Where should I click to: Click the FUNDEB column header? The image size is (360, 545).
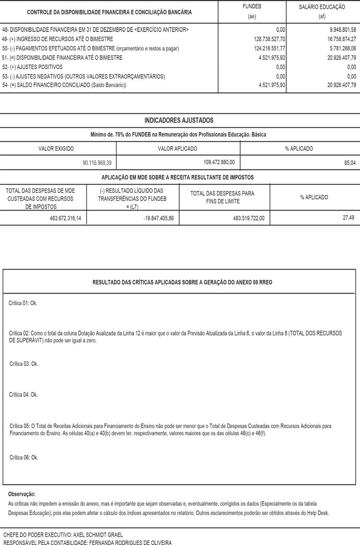tap(252, 7)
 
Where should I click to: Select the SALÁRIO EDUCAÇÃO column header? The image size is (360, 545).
tap(322, 7)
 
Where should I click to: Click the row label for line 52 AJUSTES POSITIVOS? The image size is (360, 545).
tap(32, 67)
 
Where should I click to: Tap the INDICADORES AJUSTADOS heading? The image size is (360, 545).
tap(179, 121)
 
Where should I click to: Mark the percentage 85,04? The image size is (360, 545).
tap(350, 163)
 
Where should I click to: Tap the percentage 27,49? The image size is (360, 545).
tap(348, 218)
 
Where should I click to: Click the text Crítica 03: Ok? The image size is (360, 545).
tap(24, 364)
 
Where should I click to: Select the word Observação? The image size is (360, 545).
tap(22, 494)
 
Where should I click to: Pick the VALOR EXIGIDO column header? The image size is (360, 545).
tap(56, 149)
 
